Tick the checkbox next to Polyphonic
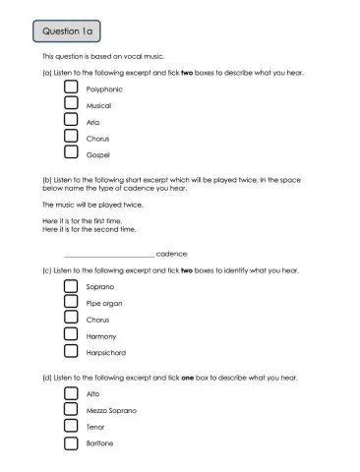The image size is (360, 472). click(71, 88)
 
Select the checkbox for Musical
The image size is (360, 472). click(71, 104)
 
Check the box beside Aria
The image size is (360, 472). click(71, 121)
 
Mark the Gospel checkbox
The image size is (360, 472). click(71, 153)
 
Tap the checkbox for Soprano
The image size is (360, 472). click(71, 286)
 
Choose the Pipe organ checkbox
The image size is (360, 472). click(71, 303)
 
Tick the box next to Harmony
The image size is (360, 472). click(71, 335)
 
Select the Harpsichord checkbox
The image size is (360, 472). click(71, 352)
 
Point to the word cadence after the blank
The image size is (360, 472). click(172, 253)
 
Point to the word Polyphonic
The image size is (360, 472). click(104, 88)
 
